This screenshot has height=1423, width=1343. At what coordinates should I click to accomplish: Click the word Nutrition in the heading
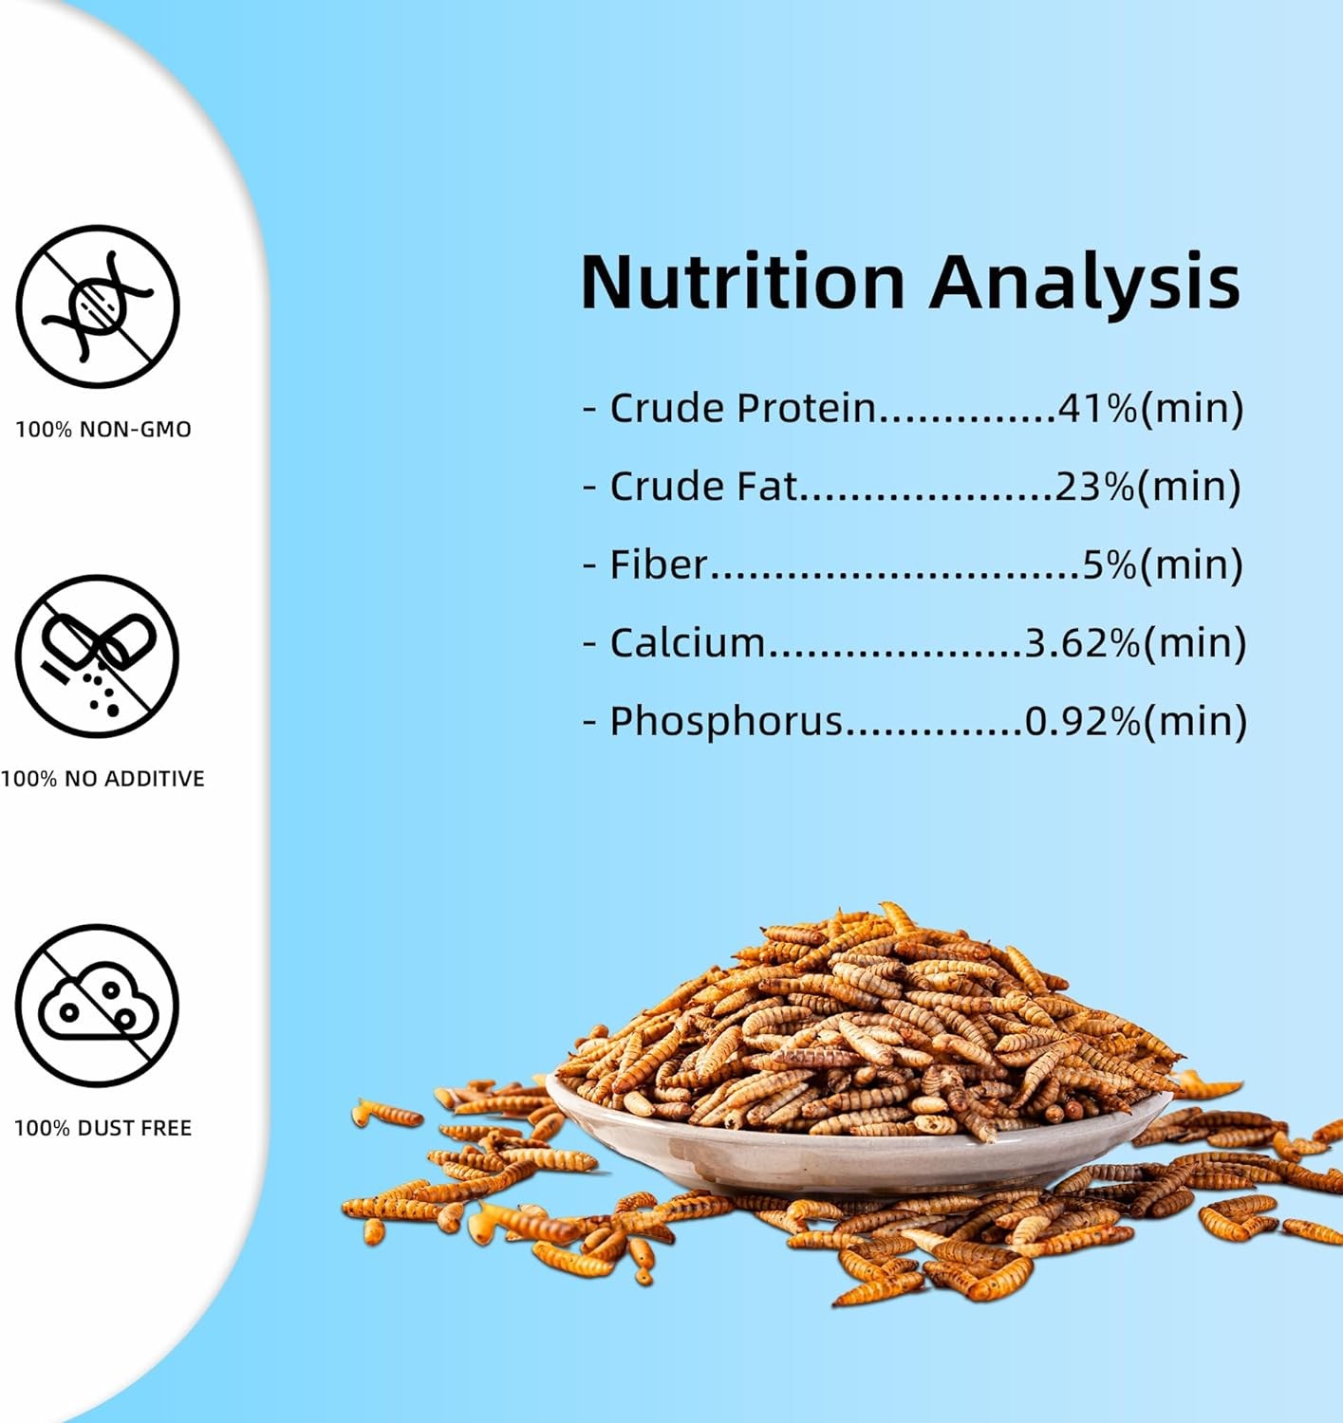[x=743, y=282]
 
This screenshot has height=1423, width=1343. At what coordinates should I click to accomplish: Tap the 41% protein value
[x=1098, y=408]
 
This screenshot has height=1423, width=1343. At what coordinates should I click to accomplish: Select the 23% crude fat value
[x=1095, y=486]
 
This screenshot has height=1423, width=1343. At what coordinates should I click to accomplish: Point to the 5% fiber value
[x=1110, y=564]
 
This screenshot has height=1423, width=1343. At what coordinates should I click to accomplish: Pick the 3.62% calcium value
[x=1083, y=642]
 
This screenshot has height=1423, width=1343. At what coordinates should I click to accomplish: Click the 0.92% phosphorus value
[x=1083, y=720]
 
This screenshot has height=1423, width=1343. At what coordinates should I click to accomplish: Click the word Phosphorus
[x=726, y=722]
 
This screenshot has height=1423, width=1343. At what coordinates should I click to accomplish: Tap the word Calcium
[x=687, y=642]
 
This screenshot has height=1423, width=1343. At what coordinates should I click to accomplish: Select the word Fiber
[x=659, y=564]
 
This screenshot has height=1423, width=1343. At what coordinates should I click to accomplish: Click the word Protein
[x=807, y=408]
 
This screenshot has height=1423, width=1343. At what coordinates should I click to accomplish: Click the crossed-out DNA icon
[x=98, y=306]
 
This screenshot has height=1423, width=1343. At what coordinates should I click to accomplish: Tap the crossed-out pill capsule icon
[x=98, y=656]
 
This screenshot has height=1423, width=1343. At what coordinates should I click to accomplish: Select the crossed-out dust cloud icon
[x=98, y=1006]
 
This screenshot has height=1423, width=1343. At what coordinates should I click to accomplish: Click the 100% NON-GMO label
[x=103, y=429]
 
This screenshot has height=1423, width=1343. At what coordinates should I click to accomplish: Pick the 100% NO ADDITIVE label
[x=103, y=779]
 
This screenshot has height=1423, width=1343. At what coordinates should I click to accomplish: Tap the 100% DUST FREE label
[x=103, y=1129]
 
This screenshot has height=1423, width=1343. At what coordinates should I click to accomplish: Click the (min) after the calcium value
[x=1195, y=642]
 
